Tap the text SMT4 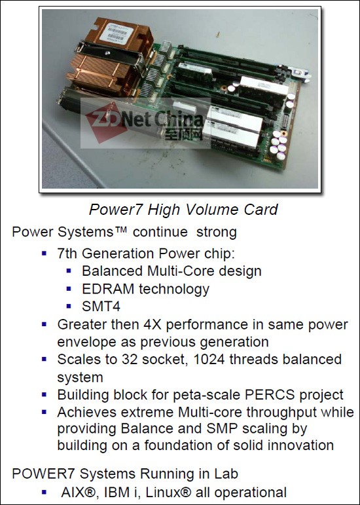(x=101, y=307)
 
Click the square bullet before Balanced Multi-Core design (x=69, y=271)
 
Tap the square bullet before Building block (x=44, y=394)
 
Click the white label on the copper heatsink (x=117, y=33)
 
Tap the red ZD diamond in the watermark (x=106, y=122)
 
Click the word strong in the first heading (x=216, y=233)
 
